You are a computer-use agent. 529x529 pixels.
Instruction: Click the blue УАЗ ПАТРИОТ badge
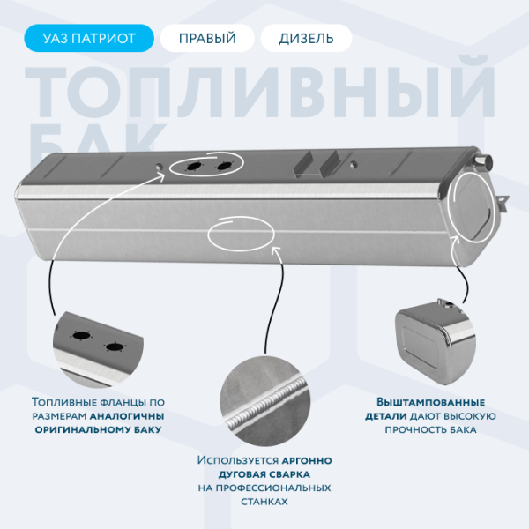pos(89,38)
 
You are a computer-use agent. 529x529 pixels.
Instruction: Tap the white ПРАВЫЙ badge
pos(207,38)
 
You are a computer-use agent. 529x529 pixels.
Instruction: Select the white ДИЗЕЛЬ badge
pos(306,38)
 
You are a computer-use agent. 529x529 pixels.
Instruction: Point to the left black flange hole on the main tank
pos(194,166)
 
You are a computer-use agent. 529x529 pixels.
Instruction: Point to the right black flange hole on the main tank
pos(224,166)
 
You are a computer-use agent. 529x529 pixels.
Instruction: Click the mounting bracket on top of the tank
pos(317,164)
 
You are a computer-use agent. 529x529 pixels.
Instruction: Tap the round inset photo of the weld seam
pos(264,402)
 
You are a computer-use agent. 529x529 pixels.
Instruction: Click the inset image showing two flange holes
pos(98,348)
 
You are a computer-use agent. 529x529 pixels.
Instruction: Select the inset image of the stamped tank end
pos(436,341)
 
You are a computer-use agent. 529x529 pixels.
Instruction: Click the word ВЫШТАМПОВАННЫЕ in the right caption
pos(430,402)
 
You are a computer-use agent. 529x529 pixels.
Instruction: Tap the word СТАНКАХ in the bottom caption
pos(264,502)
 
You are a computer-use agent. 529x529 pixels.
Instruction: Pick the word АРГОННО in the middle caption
pos(307,460)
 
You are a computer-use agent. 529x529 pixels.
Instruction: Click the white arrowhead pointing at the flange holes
pos(160,176)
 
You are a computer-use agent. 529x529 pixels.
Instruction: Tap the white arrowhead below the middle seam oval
pos(276,251)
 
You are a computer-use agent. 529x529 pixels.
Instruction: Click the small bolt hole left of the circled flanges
pos(159,167)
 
